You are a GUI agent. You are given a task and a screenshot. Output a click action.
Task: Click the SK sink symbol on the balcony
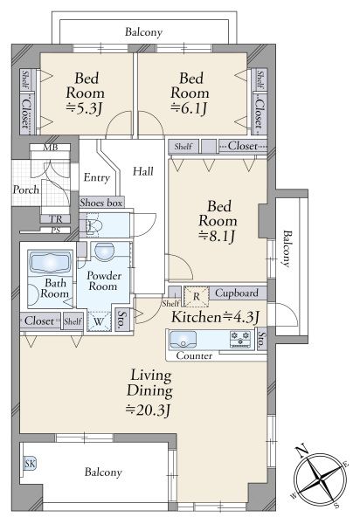(x=30, y=463)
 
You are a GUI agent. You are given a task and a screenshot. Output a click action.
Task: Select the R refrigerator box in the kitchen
(x=197, y=296)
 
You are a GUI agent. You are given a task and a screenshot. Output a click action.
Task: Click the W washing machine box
(x=99, y=321)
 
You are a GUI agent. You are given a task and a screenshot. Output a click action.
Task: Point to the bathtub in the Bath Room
(x=51, y=262)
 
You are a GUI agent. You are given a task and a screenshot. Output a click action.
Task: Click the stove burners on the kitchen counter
(x=240, y=339)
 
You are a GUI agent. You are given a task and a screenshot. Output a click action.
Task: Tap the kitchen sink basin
(x=183, y=340)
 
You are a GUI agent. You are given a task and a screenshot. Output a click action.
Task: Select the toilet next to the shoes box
(x=93, y=225)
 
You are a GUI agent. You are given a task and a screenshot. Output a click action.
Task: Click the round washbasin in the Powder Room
(x=105, y=252)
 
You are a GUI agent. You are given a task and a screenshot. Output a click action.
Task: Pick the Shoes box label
(x=100, y=203)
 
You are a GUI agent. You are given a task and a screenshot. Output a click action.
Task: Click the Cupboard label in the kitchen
(x=236, y=293)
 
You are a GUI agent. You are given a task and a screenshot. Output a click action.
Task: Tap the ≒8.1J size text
(x=217, y=237)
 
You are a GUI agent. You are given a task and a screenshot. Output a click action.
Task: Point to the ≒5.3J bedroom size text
(x=84, y=108)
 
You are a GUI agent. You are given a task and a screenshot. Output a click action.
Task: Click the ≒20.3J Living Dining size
(x=148, y=410)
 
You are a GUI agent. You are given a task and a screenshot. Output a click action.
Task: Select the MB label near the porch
(x=50, y=147)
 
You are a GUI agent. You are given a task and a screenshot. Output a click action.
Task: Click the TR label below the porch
(x=56, y=219)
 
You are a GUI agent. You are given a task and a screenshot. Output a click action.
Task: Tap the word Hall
(x=143, y=171)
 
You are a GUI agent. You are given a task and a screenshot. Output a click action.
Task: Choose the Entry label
(x=97, y=178)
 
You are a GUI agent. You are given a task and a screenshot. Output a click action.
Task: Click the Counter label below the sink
(x=194, y=355)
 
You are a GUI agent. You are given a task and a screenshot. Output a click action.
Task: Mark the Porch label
(x=25, y=190)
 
